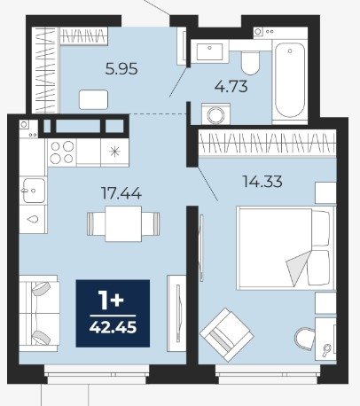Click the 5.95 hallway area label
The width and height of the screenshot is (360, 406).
(121, 69)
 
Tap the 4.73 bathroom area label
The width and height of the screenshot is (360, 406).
(231, 87)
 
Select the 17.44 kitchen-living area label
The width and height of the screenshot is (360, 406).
(121, 193)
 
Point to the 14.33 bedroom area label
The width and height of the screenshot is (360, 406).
(262, 181)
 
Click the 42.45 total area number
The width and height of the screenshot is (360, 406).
(113, 327)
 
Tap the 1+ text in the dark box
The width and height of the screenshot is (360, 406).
(112, 301)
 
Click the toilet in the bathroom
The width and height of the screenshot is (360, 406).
(250, 62)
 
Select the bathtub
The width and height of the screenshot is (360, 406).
(290, 81)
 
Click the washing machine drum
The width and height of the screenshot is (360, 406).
(216, 114)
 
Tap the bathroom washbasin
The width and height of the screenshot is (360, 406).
(209, 51)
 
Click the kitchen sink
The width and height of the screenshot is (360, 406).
(34, 191)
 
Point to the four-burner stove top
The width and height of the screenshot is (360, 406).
(62, 152)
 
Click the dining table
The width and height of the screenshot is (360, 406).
(123, 223)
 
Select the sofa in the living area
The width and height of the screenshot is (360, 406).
(39, 314)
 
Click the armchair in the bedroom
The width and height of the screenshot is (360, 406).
(227, 335)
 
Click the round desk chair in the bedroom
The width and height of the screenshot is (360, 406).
(305, 339)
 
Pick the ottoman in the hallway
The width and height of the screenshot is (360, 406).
(93, 99)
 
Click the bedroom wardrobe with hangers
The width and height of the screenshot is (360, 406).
(267, 143)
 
